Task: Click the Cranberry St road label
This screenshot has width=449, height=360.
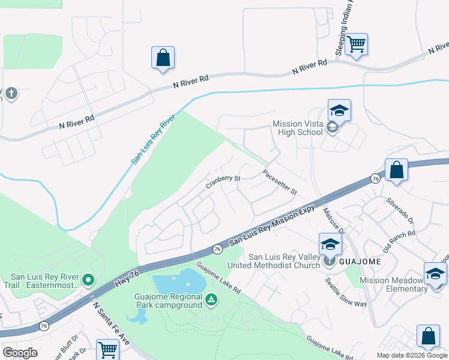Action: (223, 179)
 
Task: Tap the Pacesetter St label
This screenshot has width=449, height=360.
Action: (280, 182)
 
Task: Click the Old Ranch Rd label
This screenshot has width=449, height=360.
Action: (399, 239)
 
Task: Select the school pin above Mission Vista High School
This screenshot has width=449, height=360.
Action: (339, 110)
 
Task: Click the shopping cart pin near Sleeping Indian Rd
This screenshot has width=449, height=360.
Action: (357, 44)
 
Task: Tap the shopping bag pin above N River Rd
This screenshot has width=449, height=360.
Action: (163, 58)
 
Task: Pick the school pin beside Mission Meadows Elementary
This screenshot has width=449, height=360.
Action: (435, 274)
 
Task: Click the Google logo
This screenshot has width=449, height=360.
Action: (20, 353)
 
